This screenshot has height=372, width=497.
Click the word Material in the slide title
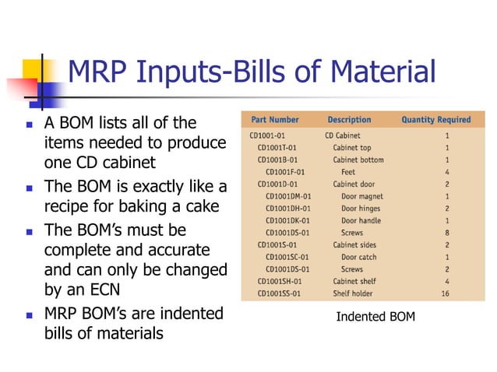tap(381, 73)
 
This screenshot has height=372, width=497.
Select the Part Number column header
tap(275, 120)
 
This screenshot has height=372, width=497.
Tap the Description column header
tap(349, 120)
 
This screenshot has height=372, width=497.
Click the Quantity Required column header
tap(435, 120)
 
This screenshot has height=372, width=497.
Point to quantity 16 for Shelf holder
tap(446, 294)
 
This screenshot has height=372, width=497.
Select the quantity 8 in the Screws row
tap(446, 233)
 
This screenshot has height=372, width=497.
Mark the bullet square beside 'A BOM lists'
tap(29, 125)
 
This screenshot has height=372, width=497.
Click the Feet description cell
tap(348, 171)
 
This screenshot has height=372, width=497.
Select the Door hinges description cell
tap(361, 209)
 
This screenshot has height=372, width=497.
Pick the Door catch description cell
tap(358, 258)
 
